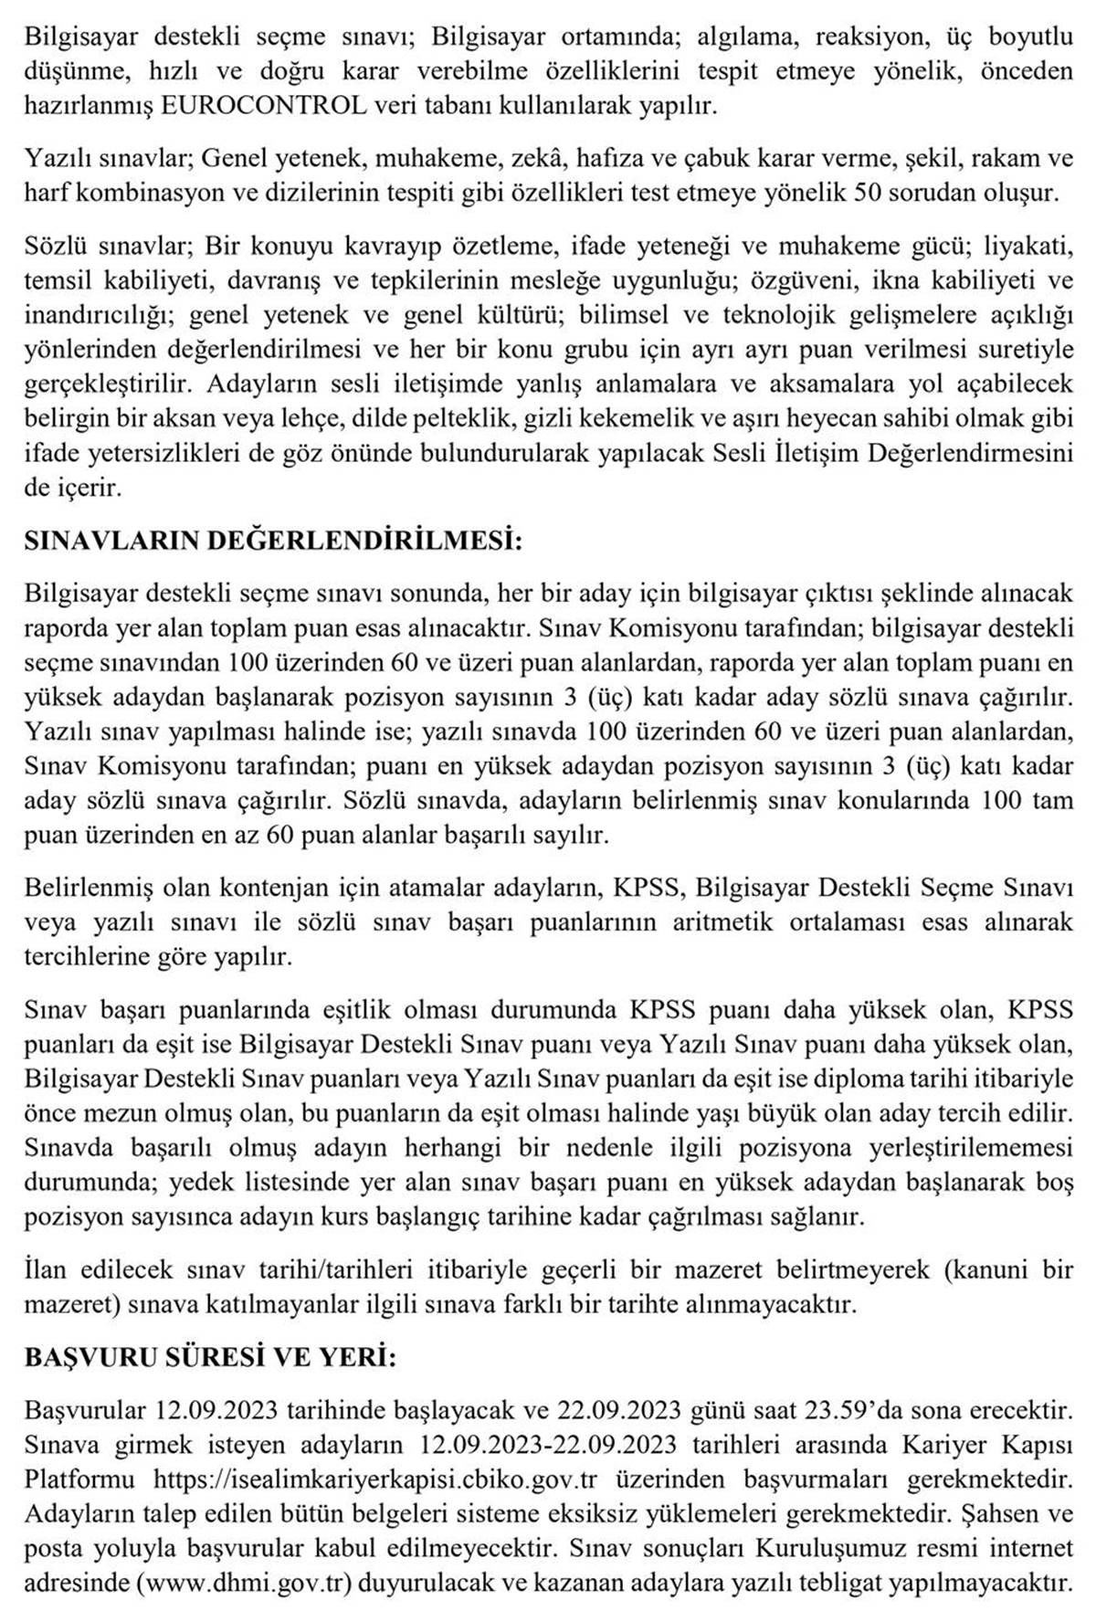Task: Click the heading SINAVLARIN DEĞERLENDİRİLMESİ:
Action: tap(273, 541)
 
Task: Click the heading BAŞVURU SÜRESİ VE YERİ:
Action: tap(210, 1358)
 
